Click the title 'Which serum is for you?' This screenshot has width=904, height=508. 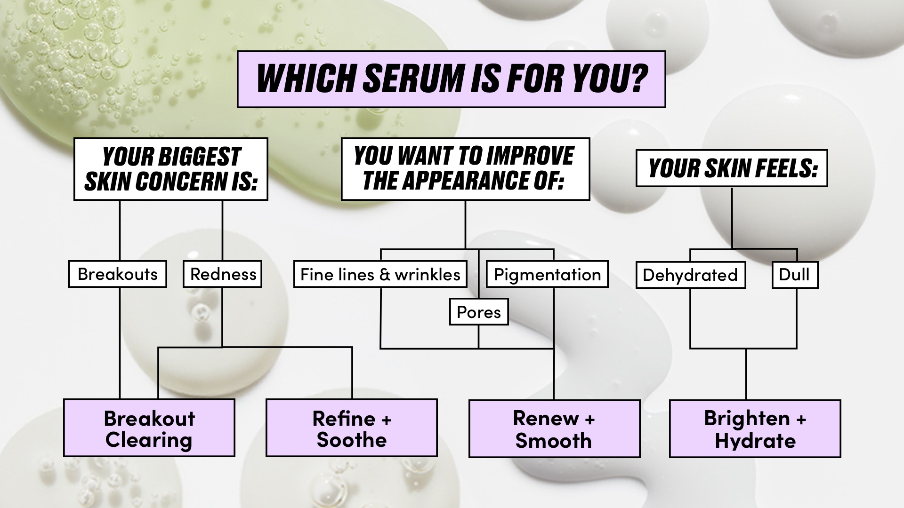coord(451,79)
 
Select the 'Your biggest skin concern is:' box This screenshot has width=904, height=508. coord(171,169)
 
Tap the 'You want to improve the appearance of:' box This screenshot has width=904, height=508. coord(465,169)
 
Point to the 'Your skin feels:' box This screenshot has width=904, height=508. coord(732,168)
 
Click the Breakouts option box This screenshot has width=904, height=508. coord(118,274)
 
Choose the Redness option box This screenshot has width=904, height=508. coord(223,274)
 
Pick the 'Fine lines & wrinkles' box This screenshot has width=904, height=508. coord(380,274)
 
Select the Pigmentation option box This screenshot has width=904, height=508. coord(547,274)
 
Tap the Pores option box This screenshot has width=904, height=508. coord(479,312)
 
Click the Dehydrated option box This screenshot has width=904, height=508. coord(690,275)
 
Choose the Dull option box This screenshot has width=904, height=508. coord(795,275)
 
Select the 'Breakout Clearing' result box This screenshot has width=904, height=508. coord(149,428)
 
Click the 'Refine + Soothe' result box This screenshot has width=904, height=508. coord(352,428)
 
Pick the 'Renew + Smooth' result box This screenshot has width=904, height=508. coord(554,429)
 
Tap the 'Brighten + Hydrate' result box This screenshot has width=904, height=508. coord(755,429)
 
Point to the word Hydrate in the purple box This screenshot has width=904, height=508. coord(755,441)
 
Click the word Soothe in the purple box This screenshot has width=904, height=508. coord(352,440)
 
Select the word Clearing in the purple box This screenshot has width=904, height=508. coord(149,440)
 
